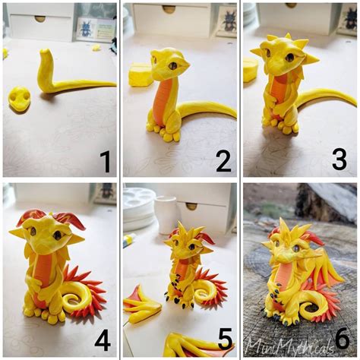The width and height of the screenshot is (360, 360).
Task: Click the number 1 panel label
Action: tap(105, 161)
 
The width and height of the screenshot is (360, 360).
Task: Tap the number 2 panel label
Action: tap(223, 161)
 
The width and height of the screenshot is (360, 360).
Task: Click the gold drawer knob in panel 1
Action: tap(39, 18)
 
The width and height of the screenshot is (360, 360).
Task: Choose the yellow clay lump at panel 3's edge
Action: tap(250, 70)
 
